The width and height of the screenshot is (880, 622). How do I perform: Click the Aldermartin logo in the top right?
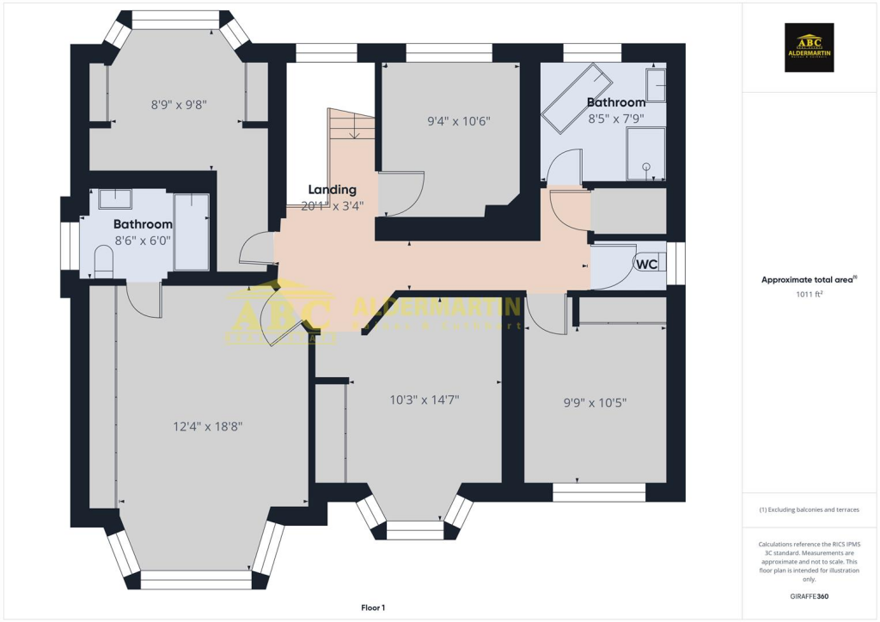click(x=810, y=48)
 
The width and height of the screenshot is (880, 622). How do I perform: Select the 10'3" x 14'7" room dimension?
click(x=425, y=399)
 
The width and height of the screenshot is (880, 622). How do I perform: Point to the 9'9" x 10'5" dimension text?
click(x=595, y=401)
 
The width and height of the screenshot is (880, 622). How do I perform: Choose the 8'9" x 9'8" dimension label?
click(x=179, y=105)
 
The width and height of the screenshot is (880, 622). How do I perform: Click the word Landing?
click(x=332, y=190)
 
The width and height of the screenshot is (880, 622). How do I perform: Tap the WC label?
click(x=646, y=265)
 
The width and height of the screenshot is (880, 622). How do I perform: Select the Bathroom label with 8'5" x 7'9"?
click(x=615, y=102)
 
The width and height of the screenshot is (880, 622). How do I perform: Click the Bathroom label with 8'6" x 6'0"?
click(x=143, y=224)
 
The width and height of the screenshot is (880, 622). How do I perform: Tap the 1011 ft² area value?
click(x=810, y=295)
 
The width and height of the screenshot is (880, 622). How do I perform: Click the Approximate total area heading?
click(x=810, y=279)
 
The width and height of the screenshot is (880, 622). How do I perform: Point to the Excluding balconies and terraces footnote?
click(x=810, y=509)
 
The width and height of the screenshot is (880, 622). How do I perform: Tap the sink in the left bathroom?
click(x=114, y=199)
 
